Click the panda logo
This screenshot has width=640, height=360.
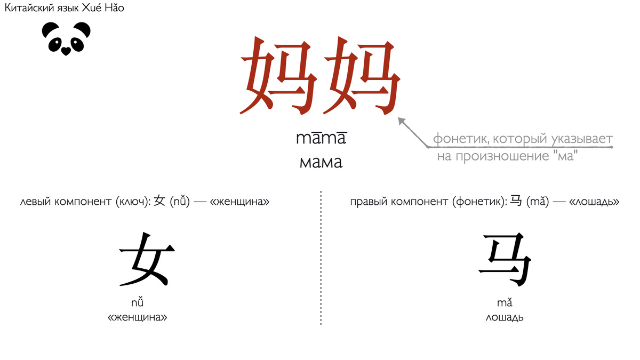pyautogui.click(x=66, y=38)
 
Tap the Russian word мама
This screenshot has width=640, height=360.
pyautogui.click(x=321, y=162)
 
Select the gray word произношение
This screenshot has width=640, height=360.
pyautogui.click(x=493, y=157)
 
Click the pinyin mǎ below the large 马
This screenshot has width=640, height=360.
pyautogui.click(x=505, y=303)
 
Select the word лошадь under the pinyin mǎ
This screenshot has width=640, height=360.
pyautogui.click(x=505, y=318)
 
